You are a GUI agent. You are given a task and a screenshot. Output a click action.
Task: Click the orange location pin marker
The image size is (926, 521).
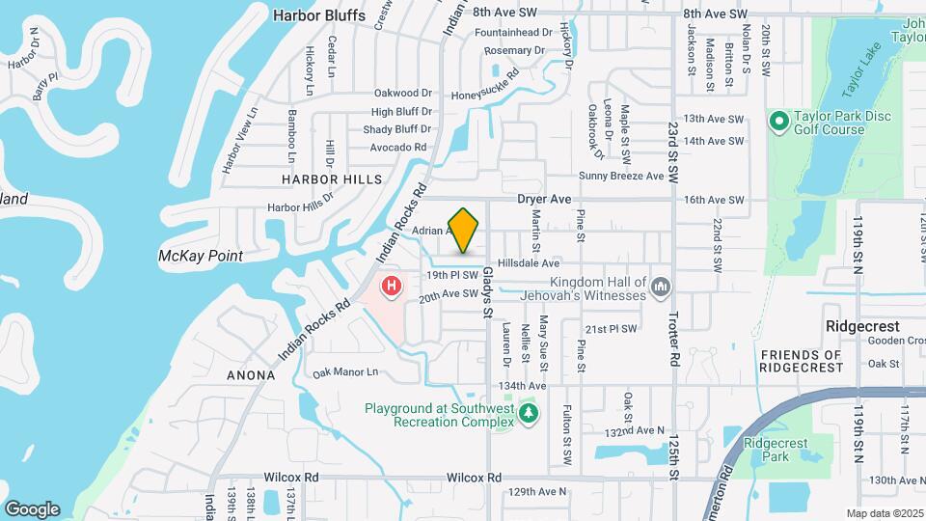pyautogui.click(x=464, y=230)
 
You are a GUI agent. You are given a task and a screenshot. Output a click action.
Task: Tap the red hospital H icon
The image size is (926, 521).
pyautogui.click(x=392, y=286)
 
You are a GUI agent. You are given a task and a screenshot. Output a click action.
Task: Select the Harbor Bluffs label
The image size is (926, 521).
pyautogui.click(x=319, y=15)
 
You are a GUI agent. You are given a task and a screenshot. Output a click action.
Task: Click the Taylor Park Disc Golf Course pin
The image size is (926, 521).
pyautogui.click(x=779, y=122)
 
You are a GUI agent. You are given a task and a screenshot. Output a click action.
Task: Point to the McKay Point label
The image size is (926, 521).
pyautogui.click(x=201, y=256)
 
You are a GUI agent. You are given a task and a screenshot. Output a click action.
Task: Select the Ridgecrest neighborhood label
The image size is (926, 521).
pyautogui.click(x=862, y=327)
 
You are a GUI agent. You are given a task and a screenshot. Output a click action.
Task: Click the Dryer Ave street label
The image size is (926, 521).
pyautogui.click(x=545, y=199)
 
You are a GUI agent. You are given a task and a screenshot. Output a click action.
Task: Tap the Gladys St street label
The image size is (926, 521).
pyautogui.click(x=488, y=290)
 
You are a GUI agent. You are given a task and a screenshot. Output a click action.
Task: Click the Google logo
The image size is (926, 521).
pyautogui.click(x=32, y=508)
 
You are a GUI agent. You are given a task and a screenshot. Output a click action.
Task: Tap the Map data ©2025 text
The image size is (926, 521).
pyautogui.click(x=885, y=513)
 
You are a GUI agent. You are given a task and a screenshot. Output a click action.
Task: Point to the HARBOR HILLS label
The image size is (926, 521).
pyautogui.click(x=331, y=179)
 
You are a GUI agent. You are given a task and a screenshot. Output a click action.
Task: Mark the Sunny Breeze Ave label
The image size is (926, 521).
pyautogui.click(x=621, y=177)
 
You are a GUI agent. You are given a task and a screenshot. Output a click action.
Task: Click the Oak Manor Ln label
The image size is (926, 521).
pyautogui.click(x=344, y=371)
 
